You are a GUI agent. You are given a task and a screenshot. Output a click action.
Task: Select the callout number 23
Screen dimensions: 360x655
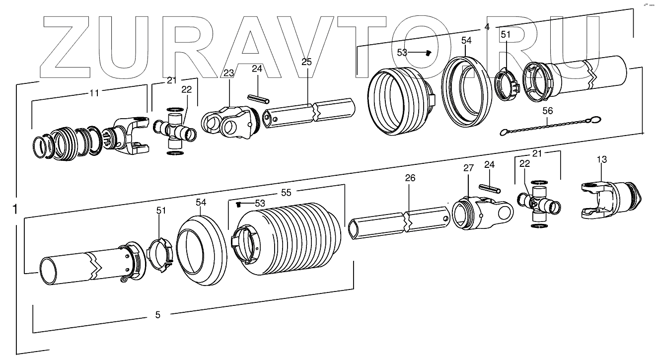[x=228, y=73]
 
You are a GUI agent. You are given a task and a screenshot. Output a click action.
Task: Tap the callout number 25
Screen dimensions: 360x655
[x=306, y=62]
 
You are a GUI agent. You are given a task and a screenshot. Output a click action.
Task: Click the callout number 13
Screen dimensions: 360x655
[x=601, y=159]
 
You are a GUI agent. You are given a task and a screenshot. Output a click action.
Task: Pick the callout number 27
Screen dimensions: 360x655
[x=469, y=168]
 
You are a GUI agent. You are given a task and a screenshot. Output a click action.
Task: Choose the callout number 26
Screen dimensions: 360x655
[x=410, y=178]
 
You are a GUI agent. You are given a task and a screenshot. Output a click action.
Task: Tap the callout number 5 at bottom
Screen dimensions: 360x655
[x=158, y=314]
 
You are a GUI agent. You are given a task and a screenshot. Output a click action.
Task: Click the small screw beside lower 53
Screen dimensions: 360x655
[x=239, y=204]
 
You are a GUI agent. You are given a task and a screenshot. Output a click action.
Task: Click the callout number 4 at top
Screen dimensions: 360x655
[x=487, y=27]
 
